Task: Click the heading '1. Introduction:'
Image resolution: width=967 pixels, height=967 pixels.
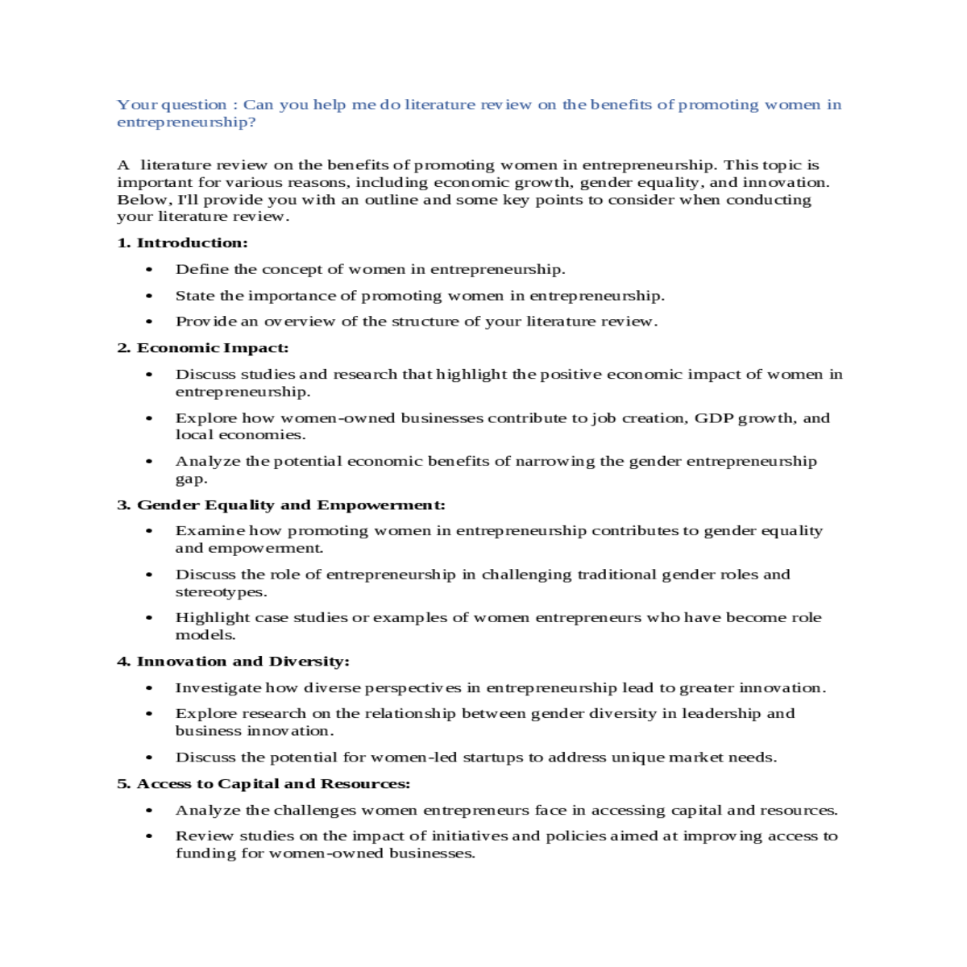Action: pyautogui.click(x=182, y=243)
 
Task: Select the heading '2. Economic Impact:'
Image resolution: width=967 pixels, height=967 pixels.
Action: pyautogui.click(x=202, y=347)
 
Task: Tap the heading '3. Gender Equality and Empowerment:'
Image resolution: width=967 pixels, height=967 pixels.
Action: pyautogui.click(x=280, y=504)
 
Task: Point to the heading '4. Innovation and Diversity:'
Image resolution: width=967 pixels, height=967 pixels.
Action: pyautogui.click(x=233, y=661)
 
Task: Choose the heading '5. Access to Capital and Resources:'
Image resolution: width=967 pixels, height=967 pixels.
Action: pyautogui.click(x=264, y=783)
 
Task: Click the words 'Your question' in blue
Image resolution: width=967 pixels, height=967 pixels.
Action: pyautogui.click(x=172, y=105)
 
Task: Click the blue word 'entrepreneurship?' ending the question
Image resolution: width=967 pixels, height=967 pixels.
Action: pyautogui.click(x=186, y=122)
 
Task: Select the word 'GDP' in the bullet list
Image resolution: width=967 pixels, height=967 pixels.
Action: pyautogui.click(x=713, y=417)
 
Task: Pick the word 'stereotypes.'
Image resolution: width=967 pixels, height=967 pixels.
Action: pyautogui.click(x=221, y=592)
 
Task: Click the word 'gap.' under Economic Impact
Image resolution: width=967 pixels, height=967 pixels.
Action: pyautogui.click(x=192, y=479)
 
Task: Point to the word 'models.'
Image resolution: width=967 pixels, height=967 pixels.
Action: pyautogui.click(x=205, y=635)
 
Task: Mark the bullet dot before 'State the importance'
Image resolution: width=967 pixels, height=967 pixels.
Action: pyautogui.click(x=149, y=296)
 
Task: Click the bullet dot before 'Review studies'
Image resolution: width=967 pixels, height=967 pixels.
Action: pyautogui.click(x=149, y=836)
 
